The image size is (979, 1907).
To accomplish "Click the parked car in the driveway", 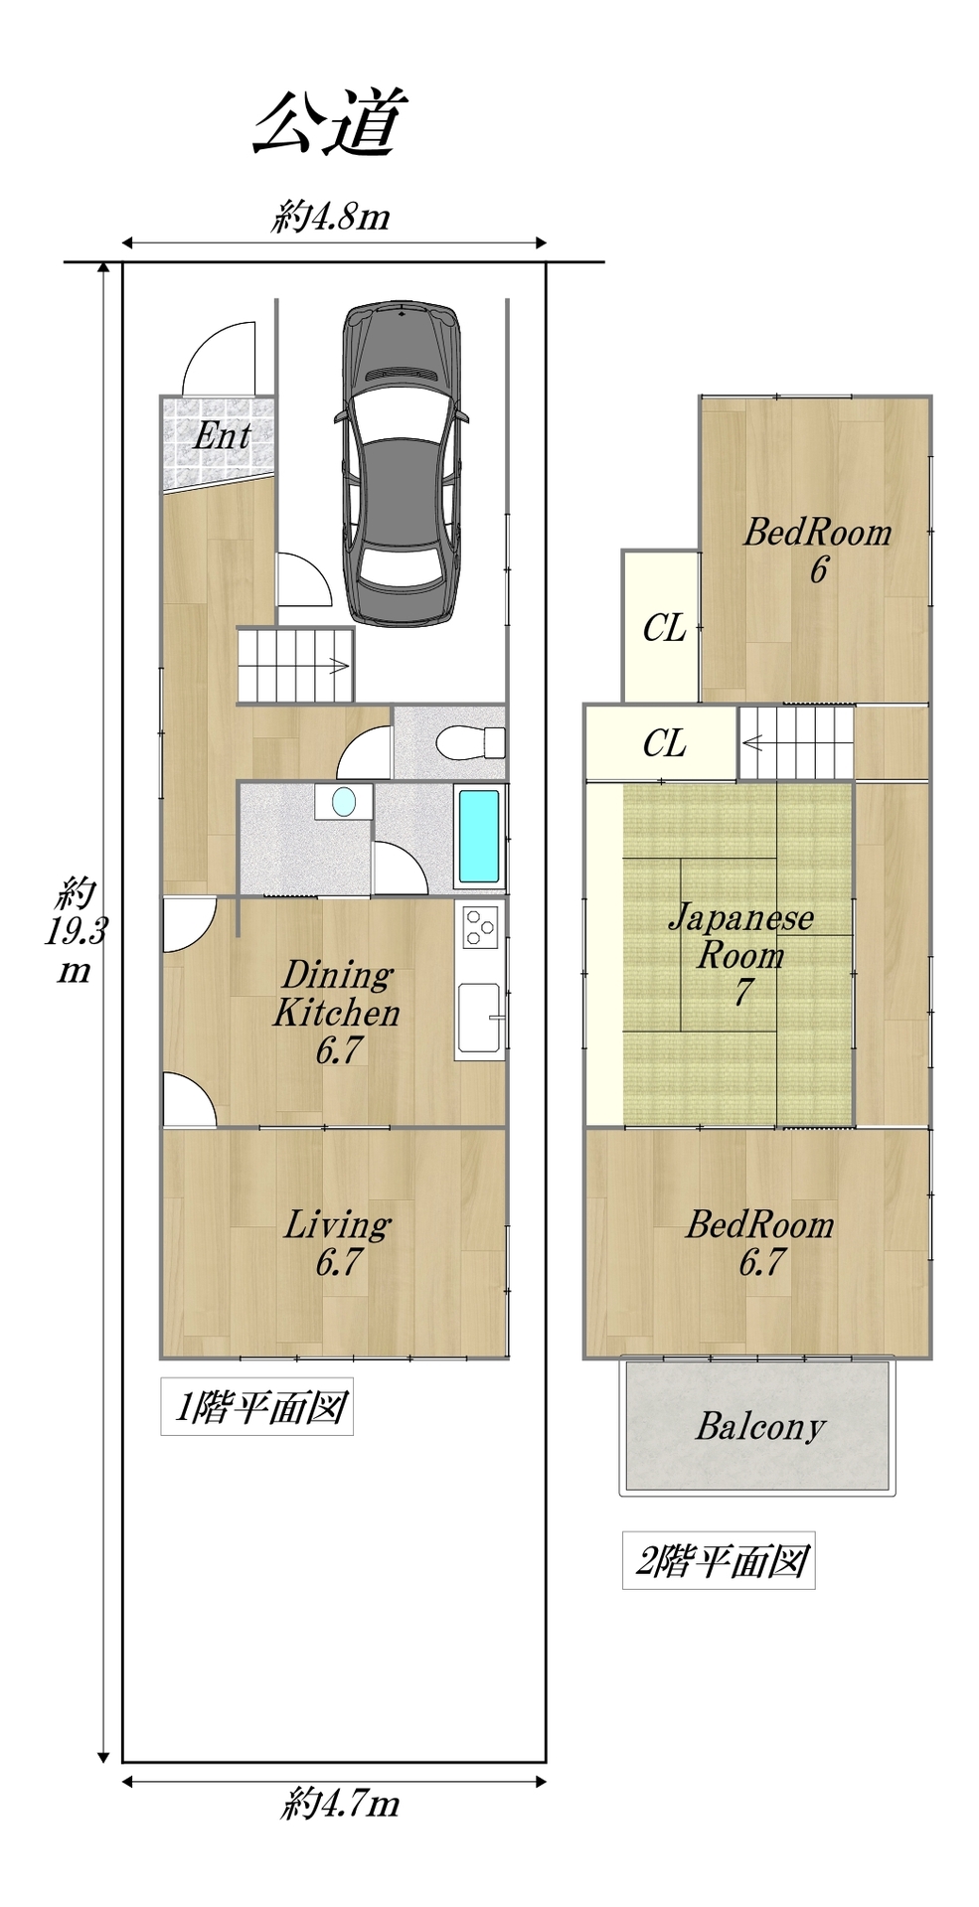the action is (402, 462).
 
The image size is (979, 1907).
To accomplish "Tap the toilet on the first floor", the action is (470, 741).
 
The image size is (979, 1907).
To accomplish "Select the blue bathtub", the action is (479, 837).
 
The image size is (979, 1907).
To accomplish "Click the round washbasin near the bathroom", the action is (344, 801).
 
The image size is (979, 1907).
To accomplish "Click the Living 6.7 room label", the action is (338, 1242).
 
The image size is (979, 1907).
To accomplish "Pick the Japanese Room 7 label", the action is (741, 954).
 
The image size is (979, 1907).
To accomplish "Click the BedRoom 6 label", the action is (818, 550).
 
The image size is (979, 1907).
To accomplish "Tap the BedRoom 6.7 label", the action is (760, 1242).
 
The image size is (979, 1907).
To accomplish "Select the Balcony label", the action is (760, 1427).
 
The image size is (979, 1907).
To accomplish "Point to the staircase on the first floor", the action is (296, 665).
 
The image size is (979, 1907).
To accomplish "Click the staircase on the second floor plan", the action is (796, 742).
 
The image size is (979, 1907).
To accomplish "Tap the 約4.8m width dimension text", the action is (331, 216).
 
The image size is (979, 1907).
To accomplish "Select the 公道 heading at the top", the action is (330, 122).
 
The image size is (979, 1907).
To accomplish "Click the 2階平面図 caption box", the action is (719, 1561).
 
